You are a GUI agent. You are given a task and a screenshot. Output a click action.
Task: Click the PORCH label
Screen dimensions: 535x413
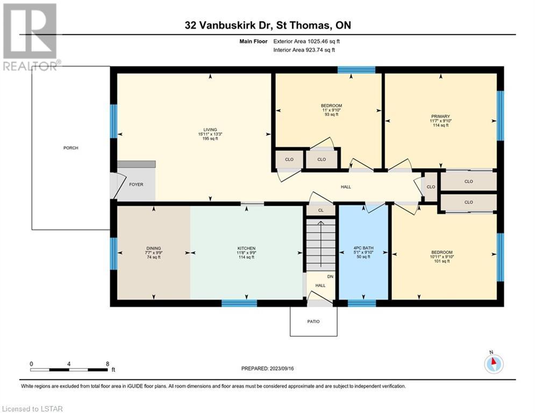[70, 148]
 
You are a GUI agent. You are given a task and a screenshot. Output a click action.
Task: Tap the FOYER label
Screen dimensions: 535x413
[136, 184]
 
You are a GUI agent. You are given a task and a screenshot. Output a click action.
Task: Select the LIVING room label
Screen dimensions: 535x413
[210, 130]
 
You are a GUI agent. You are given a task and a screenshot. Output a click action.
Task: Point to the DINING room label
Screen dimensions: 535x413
[154, 248]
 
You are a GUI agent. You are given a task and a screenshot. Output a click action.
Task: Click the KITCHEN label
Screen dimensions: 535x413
[246, 248]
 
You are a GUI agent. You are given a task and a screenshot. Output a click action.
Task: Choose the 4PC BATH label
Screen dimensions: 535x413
[363, 248]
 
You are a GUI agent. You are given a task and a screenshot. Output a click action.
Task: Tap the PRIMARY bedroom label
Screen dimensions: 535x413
[440, 116]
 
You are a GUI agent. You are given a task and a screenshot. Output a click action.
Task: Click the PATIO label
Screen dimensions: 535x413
[313, 322]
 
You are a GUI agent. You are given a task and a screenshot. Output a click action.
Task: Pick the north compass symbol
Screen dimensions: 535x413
[494, 364]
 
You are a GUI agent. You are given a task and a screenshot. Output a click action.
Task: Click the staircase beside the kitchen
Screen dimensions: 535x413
[320, 245]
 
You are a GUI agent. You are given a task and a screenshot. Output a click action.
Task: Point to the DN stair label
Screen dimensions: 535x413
[330, 276]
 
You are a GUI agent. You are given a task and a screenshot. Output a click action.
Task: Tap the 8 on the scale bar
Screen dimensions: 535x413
[108, 364]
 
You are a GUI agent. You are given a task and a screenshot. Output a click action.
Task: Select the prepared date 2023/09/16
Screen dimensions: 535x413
[282, 368]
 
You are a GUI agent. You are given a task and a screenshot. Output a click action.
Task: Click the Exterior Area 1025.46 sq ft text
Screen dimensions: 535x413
[306, 41]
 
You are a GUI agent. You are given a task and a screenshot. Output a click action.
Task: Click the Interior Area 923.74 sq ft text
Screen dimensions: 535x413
[304, 50]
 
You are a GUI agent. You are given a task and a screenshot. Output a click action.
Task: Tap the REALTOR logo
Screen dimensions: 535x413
[30, 37]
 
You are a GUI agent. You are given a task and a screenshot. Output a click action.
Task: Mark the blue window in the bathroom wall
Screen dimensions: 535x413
[362, 303]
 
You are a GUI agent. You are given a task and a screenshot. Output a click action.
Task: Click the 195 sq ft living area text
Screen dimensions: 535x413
[210, 139]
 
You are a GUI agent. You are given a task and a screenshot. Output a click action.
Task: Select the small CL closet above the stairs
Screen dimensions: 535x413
[320, 210]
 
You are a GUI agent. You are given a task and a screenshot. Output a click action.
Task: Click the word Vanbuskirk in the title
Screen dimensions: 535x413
[235, 25]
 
